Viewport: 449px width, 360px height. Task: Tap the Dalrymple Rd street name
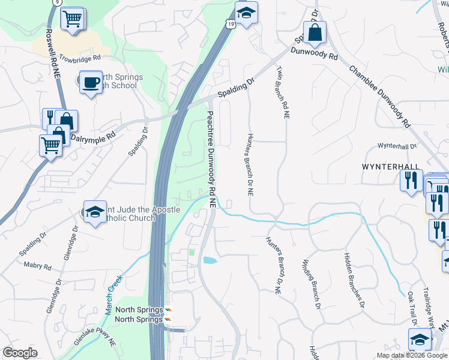[92, 137]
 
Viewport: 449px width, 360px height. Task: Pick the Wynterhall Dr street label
[397, 146]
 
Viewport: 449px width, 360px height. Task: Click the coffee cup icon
[91, 83]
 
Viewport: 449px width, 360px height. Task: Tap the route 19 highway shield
[231, 23]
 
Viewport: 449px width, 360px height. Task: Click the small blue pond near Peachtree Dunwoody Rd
[210, 260]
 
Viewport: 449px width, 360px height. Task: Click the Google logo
[20, 353]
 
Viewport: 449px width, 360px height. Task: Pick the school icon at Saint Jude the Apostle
[95, 212]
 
